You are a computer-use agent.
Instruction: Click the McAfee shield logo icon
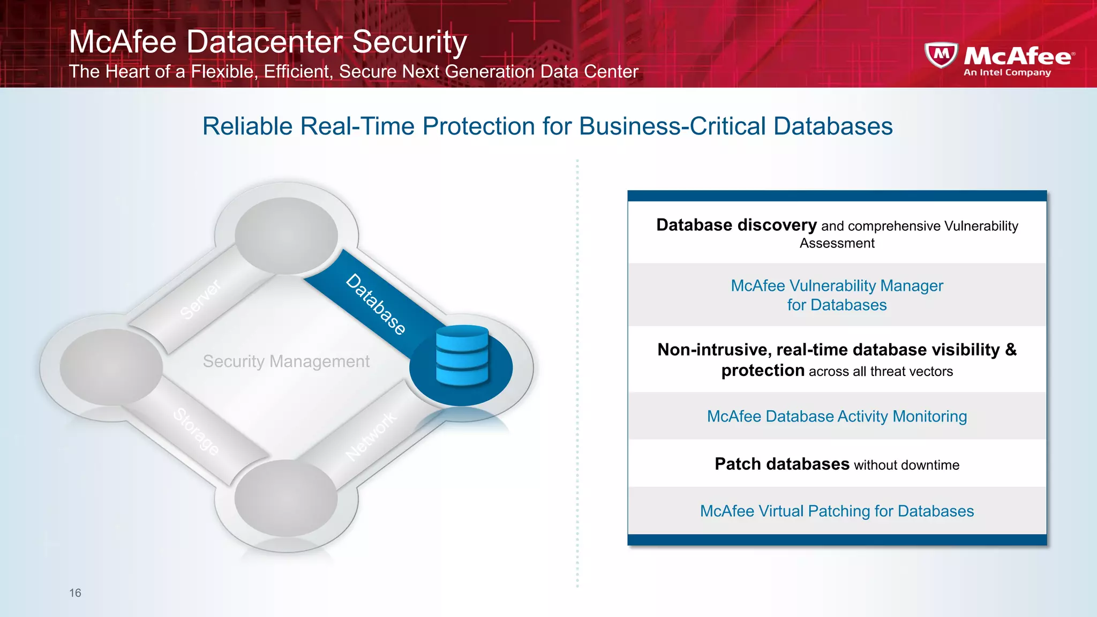(941, 55)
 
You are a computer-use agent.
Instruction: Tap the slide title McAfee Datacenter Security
(268, 42)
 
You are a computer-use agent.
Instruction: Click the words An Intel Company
(1007, 72)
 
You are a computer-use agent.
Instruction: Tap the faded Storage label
(196, 431)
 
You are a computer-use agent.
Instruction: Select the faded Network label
(371, 436)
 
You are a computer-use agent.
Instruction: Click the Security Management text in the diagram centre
(286, 362)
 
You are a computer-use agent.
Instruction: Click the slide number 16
(75, 593)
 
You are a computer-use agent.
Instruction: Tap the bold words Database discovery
(736, 225)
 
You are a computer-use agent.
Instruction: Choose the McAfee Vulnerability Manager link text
(837, 286)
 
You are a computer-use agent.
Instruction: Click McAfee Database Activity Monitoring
(837, 416)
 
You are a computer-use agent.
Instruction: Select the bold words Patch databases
(782, 464)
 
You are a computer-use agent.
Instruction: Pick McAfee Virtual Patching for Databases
(837, 511)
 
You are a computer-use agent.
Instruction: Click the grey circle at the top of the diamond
(286, 236)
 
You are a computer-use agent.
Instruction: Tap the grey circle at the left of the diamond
(111, 367)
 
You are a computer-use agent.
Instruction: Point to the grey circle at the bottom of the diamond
(286, 498)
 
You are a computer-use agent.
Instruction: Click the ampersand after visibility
(1010, 350)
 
